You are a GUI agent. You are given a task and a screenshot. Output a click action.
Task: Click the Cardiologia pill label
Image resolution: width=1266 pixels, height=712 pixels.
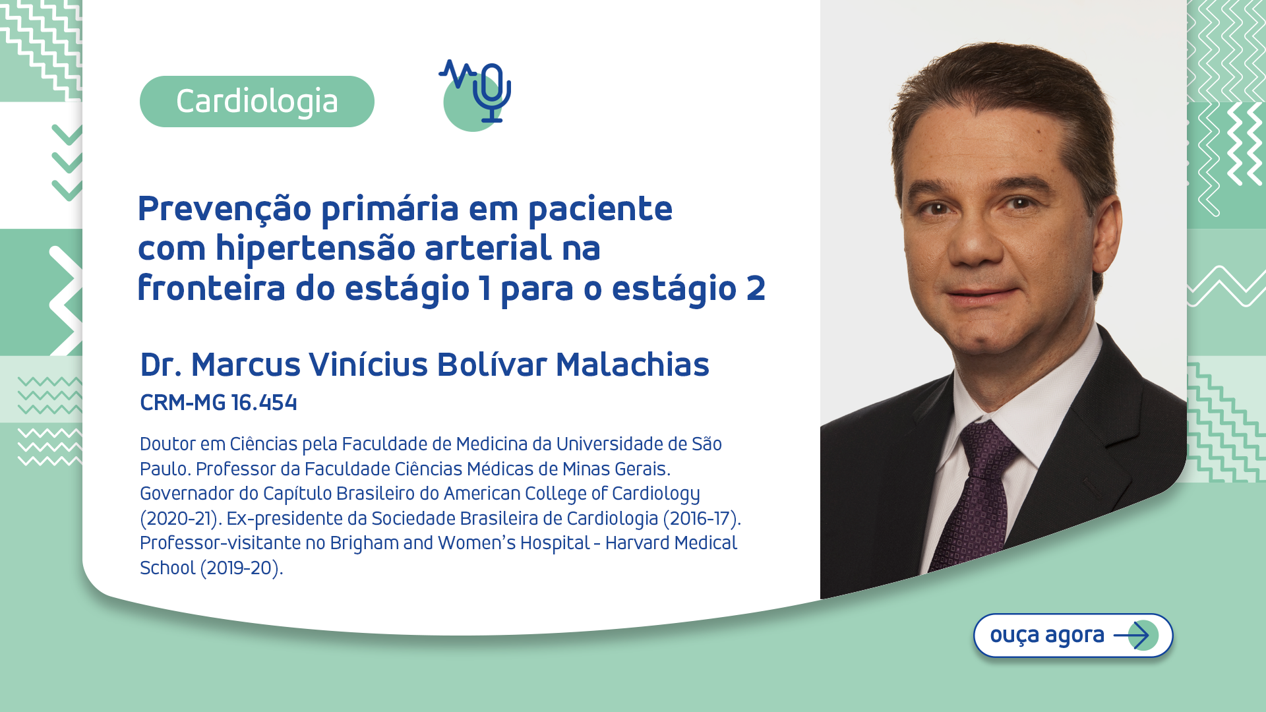[x=256, y=102]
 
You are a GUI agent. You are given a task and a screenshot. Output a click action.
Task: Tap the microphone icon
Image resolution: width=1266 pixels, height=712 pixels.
[x=491, y=92]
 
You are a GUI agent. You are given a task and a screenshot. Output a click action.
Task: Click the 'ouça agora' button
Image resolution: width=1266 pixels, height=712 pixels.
[x=1073, y=636]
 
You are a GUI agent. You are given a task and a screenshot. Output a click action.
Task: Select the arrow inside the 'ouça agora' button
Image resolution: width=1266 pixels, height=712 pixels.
[x=1132, y=636]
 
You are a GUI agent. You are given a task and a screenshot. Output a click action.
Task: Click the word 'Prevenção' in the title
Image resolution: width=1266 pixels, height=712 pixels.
[x=224, y=209]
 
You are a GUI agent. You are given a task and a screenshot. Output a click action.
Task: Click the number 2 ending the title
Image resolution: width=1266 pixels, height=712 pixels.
[x=756, y=288]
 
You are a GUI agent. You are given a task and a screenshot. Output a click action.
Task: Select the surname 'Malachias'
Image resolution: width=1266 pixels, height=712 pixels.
[x=632, y=365]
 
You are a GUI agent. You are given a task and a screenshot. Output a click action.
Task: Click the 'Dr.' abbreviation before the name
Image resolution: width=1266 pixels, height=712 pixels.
[x=160, y=365]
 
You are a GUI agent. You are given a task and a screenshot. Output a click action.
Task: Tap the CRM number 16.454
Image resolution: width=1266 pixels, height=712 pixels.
[x=264, y=403]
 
